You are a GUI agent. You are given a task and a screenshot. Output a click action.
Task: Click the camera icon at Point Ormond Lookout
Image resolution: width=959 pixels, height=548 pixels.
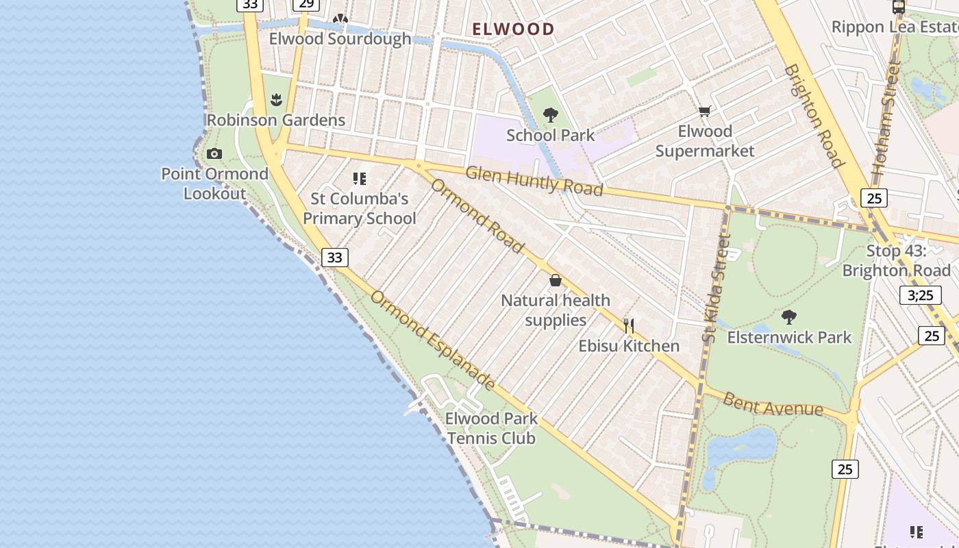pyautogui.click(x=214, y=154)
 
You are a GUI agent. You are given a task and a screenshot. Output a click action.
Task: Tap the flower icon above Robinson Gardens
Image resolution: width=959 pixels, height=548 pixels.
pyautogui.click(x=276, y=101)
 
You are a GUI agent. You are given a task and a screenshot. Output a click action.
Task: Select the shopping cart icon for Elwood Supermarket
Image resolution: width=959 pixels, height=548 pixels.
pyautogui.click(x=704, y=111)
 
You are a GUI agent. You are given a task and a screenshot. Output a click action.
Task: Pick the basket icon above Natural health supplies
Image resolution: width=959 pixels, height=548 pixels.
pyautogui.click(x=555, y=280)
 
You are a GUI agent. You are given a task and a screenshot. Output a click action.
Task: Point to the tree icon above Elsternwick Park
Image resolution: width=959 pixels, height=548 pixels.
pyautogui.click(x=788, y=317)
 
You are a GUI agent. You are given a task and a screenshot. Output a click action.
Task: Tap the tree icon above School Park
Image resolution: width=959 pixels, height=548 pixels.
pyautogui.click(x=550, y=115)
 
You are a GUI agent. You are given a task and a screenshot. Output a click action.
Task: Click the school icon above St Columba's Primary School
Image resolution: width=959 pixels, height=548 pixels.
pyautogui.click(x=360, y=179)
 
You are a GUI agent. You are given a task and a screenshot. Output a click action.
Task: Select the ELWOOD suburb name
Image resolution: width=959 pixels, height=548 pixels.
pyautogui.click(x=514, y=29)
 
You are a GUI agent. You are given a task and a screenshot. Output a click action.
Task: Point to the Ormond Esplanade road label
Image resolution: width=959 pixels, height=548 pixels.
pyautogui.click(x=433, y=340)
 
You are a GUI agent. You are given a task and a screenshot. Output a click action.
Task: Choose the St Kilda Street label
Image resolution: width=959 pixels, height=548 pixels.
pyautogui.click(x=717, y=288)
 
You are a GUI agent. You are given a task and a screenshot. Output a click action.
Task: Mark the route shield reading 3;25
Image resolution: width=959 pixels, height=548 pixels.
pyautogui.click(x=920, y=295)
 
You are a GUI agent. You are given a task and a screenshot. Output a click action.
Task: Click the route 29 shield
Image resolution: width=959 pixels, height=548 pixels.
pyautogui.click(x=306, y=4)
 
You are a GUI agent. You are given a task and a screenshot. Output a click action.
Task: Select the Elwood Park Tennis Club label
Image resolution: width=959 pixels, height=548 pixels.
pyautogui.click(x=491, y=428)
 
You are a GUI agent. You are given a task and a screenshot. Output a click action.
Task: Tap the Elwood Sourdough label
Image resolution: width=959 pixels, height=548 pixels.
pyautogui.click(x=340, y=38)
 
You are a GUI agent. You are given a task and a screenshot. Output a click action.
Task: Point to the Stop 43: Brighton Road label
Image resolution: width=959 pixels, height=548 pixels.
pyautogui.click(x=896, y=260)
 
